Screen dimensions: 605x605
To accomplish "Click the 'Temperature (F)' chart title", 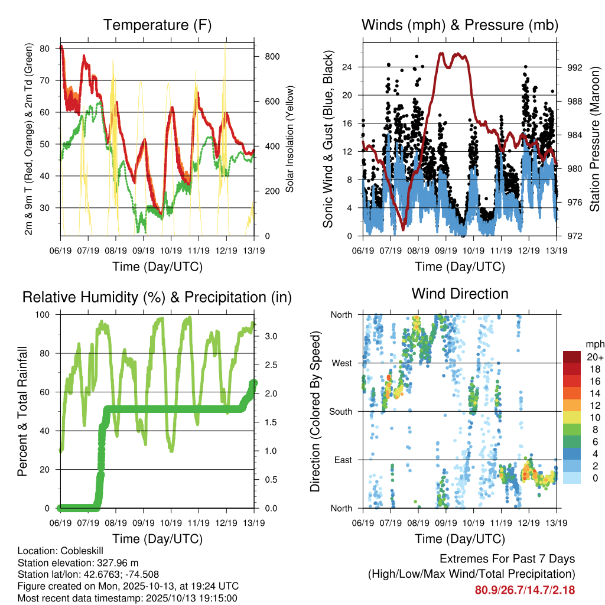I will tap(157, 25).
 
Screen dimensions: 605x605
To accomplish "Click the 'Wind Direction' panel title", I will tap(460, 293).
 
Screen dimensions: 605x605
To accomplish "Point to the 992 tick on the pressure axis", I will tap(575, 67).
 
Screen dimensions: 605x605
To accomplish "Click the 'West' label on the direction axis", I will tap(342, 363).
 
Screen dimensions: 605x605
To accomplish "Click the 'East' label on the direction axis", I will tap(343, 460).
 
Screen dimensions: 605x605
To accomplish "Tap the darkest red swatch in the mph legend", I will tap(571, 357).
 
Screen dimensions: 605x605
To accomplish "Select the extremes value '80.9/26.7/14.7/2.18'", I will tap(525, 590).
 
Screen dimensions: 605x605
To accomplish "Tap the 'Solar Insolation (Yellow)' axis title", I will tap(290, 139).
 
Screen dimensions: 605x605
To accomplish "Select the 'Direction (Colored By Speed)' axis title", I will tap(315, 411).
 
